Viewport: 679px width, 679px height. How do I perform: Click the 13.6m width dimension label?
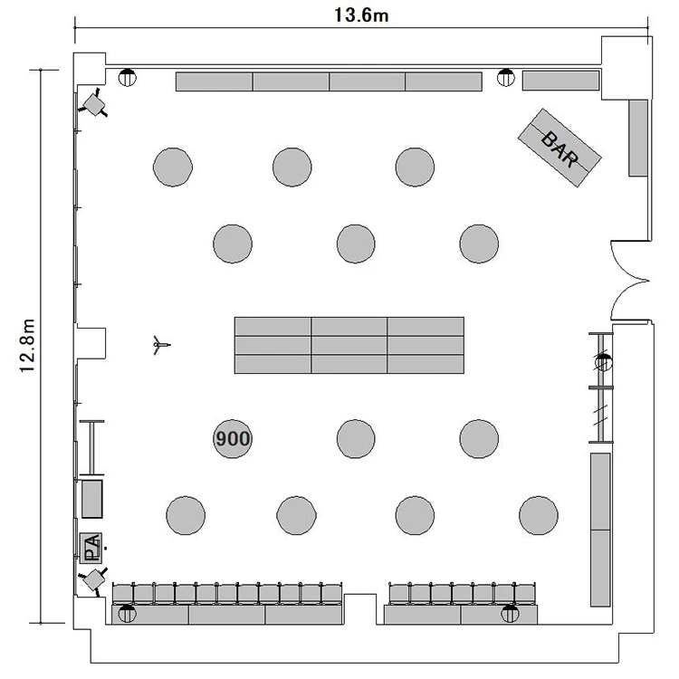(361, 15)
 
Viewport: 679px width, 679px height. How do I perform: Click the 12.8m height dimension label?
(27, 345)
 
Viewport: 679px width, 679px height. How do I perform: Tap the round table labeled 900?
(233, 439)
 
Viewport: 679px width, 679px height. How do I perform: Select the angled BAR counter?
(559, 148)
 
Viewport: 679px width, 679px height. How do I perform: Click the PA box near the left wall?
(91, 548)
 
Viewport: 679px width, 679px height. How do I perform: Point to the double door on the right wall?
(630, 281)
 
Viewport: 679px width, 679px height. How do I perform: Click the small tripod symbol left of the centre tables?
(160, 345)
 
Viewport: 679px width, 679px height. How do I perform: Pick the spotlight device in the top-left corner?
(93, 103)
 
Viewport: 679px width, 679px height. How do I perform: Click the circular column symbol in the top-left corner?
(127, 78)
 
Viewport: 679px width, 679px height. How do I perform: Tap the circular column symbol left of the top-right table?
(505, 78)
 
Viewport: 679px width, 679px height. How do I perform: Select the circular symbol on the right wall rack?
(603, 362)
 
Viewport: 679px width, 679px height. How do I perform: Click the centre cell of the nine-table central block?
(349, 345)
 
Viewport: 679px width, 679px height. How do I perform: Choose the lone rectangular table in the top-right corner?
(560, 81)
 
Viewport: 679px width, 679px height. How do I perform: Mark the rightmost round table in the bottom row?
(539, 515)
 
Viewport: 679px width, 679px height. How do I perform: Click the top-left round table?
(173, 167)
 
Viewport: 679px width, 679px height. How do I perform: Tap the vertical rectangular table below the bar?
(638, 139)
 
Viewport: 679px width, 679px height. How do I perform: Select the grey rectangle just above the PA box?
(92, 499)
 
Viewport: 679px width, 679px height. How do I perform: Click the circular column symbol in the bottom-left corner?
(128, 614)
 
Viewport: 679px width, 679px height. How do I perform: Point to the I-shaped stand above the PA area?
(91, 448)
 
